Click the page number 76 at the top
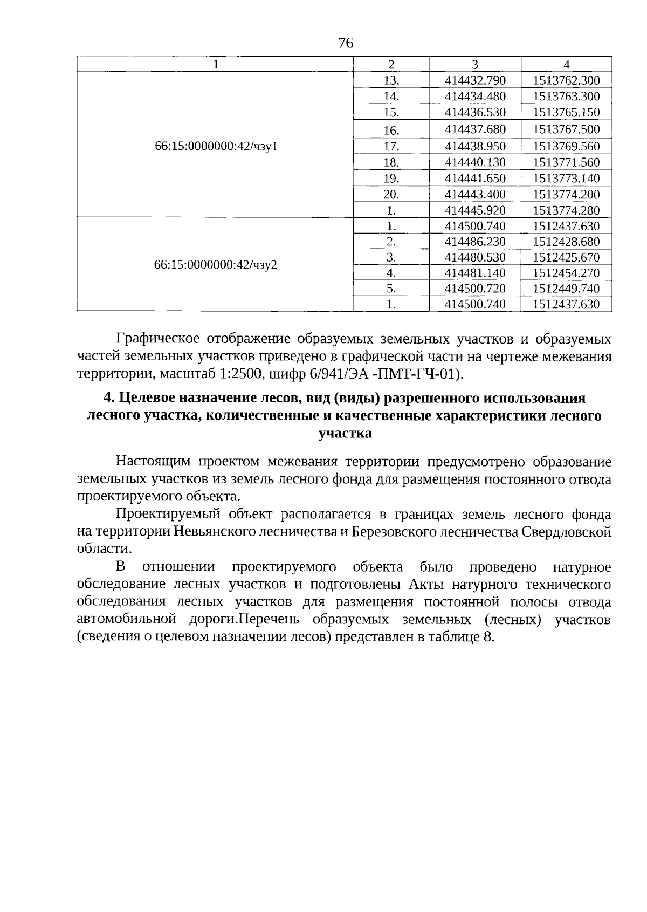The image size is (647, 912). (x=346, y=43)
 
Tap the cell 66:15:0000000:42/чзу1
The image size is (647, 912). (x=216, y=146)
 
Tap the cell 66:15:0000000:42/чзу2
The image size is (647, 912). (x=216, y=265)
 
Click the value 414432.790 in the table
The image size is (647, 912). (x=475, y=81)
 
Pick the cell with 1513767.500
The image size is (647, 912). (x=566, y=129)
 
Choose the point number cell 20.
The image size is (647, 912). (x=391, y=195)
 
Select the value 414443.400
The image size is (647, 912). (x=475, y=195)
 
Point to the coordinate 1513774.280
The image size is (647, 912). (x=566, y=210)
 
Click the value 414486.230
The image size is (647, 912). (x=475, y=242)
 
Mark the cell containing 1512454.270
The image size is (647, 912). (x=566, y=273)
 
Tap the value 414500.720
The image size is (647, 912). (x=475, y=289)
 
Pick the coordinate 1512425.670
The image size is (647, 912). (x=566, y=257)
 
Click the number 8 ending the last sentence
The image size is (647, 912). (x=488, y=637)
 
